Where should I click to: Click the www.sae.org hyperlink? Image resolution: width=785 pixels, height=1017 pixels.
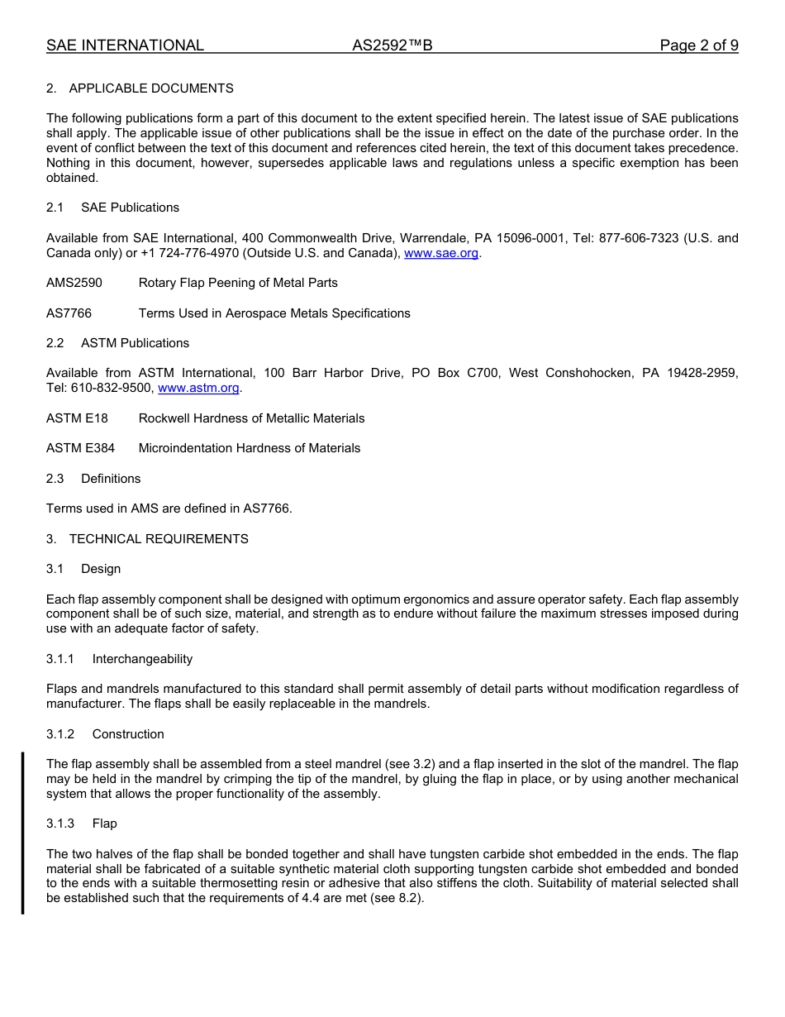pos(441,253)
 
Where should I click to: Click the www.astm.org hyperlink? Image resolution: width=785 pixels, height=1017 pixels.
pos(198,388)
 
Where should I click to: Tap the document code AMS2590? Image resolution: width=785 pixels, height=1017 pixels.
pos(74,283)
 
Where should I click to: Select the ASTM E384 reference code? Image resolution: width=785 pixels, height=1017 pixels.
pos(80,448)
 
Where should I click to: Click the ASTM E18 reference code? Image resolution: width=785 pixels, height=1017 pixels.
pos(77,418)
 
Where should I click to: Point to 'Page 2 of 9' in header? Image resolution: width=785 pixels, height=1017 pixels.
pos(698,45)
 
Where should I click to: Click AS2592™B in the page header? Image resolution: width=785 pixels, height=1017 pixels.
pos(392,45)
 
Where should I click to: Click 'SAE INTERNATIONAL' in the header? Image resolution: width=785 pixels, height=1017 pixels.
pos(125,45)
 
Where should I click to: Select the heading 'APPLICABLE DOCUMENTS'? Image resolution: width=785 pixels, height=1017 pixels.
pos(151,88)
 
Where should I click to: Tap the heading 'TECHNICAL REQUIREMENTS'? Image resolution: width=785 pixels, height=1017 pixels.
pos(159,539)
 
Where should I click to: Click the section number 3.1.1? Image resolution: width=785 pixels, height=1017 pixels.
pos(60,659)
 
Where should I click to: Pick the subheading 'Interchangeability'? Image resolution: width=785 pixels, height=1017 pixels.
pos(142,659)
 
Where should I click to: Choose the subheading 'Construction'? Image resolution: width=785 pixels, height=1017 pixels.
pos(128,734)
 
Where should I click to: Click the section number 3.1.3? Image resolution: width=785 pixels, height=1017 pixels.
pos(60,824)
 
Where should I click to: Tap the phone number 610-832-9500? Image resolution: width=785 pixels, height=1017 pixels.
pos(112,388)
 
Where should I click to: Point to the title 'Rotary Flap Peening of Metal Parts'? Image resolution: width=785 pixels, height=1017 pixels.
pos(238,283)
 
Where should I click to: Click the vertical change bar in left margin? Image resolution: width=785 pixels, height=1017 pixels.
pos(23,833)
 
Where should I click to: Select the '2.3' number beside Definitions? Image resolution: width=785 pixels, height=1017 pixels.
pos(55,479)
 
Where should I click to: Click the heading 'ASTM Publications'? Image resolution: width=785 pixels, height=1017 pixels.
pos(135,343)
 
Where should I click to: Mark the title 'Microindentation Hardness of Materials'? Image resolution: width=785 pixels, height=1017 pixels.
pos(250,448)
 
